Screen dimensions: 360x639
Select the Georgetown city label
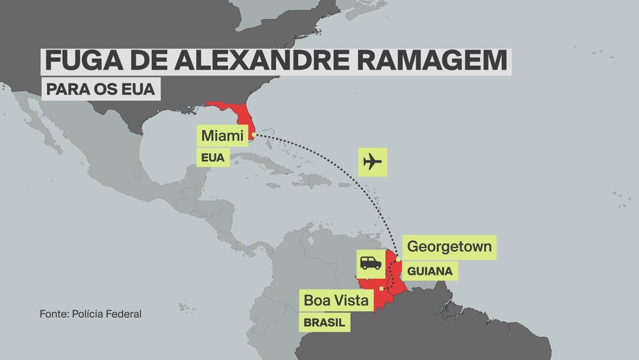tap(449, 247)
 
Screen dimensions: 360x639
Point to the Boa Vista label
tap(336, 300)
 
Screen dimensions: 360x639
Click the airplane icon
tap(373, 161)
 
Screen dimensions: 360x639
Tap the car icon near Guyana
tap(370, 263)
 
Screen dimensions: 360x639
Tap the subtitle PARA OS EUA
tap(101, 89)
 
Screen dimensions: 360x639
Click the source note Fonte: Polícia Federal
tap(90, 314)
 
